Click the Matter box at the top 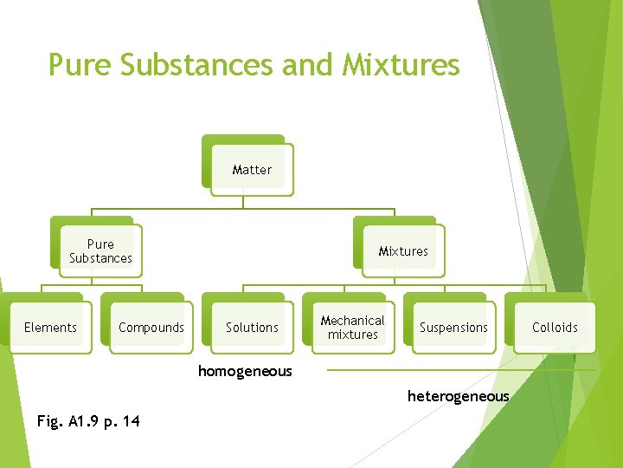tap(252, 170)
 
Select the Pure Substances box tap(100, 251)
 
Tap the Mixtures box tap(402, 251)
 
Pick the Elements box tap(50, 328)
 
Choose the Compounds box tap(151, 328)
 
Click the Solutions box tap(252, 328)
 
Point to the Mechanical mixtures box tap(352, 328)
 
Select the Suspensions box tap(453, 328)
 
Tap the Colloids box tap(555, 328)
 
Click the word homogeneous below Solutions tap(245, 372)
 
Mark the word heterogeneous tap(458, 396)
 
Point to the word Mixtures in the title tap(401, 65)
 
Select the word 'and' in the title tap(307, 65)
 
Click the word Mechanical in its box tap(352, 321)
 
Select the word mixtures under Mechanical tap(352, 335)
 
